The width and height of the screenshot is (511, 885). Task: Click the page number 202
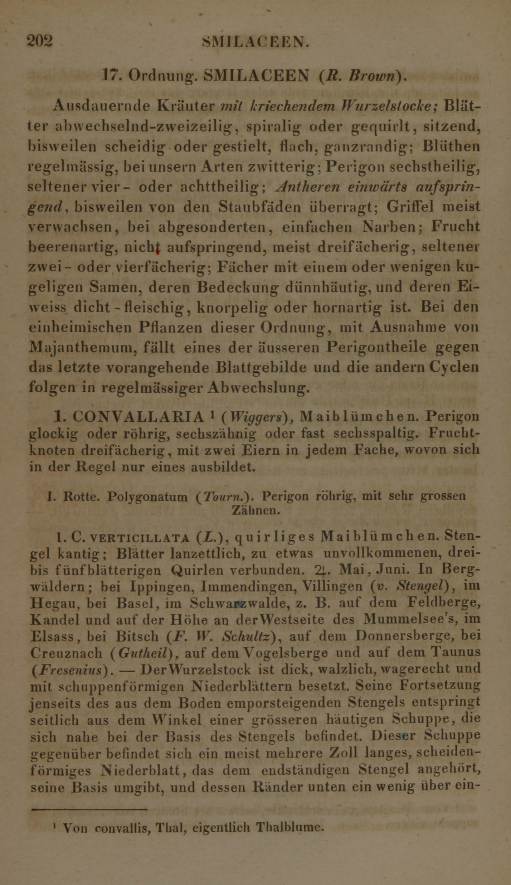coord(40,41)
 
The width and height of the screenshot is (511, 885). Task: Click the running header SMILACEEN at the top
coord(255,43)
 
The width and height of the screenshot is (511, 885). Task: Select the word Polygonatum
coord(147,497)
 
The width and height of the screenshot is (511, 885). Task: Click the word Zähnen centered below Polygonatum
coord(255,510)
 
